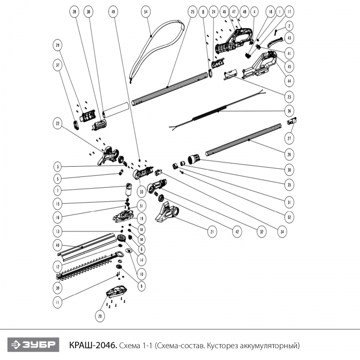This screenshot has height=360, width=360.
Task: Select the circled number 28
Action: point(74,11)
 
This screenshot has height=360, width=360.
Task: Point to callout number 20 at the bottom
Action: point(100,316)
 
